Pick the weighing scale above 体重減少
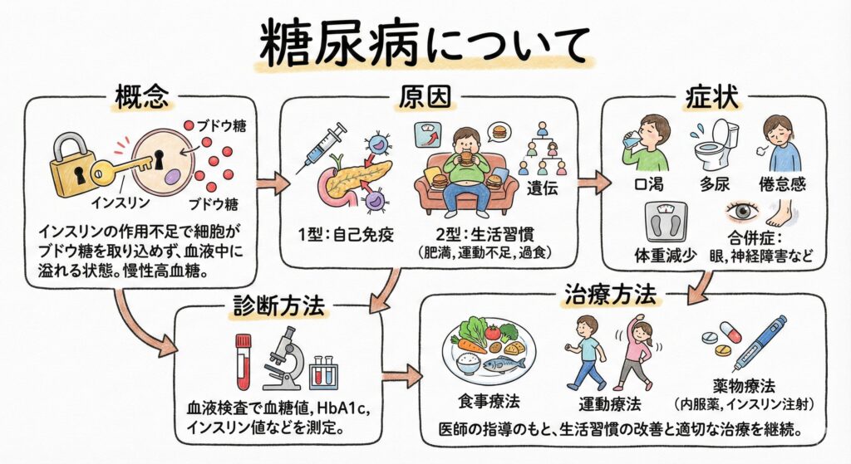point(665,222)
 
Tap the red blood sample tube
point(243,361)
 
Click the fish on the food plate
point(504,364)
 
